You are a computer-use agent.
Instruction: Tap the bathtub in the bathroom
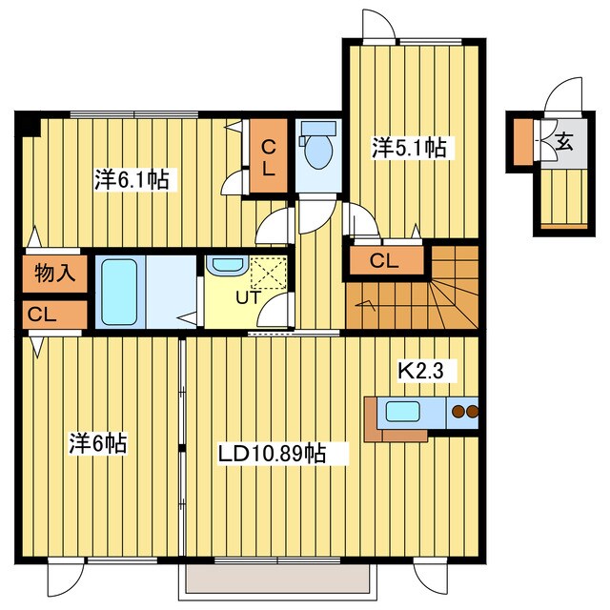point(119,293)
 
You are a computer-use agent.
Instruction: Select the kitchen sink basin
point(403,412)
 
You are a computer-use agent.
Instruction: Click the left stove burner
point(459,412)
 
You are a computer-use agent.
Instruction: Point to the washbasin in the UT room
point(227,265)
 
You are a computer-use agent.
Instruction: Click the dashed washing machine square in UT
point(269,273)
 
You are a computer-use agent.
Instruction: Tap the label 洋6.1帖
point(132,180)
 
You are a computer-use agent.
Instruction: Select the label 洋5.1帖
point(409,148)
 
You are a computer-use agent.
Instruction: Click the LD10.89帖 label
point(272,453)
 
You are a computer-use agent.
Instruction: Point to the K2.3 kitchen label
point(420,371)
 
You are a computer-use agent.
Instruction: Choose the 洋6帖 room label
point(98,443)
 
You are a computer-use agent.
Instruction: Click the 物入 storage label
point(55,274)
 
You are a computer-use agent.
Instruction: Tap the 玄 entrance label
point(564,142)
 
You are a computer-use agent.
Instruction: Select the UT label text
point(248,297)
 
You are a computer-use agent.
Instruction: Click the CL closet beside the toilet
point(269,156)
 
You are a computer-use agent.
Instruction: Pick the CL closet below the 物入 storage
point(55,315)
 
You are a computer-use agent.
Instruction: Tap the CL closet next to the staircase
point(387,260)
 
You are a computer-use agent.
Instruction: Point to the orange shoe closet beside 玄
point(523,142)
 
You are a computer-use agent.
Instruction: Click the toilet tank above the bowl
point(318,128)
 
